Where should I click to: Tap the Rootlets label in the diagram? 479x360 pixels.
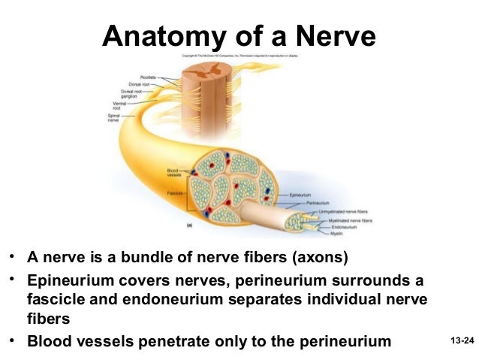point(147,77)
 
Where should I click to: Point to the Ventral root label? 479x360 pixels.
point(116,107)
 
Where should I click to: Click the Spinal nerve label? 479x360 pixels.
point(114,118)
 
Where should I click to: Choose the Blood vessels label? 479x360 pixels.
point(173,172)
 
